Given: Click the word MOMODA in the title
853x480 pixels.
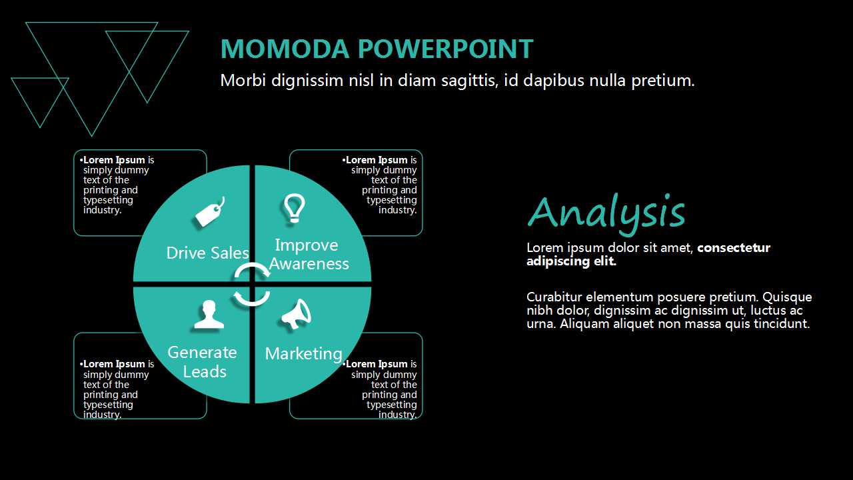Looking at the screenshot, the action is pyautogui.click(x=285, y=49).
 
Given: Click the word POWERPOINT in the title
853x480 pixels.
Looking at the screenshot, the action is pyautogui.click(x=445, y=49).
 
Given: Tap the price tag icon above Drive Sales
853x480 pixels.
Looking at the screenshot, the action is pyautogui.click(x=210, y=212).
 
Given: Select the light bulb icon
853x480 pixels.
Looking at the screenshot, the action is pyautogui.click(x=295, y=208).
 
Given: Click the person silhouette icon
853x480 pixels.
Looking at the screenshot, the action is pyautogui.click(x=209, y=314).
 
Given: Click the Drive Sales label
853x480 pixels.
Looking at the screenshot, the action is pyautogui.click(x=207, y=253).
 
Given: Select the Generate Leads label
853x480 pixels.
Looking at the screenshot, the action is pyautogui.click(x=202, y=362).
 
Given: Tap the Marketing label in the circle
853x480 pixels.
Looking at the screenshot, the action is pyautogui.click(x=303, y=354).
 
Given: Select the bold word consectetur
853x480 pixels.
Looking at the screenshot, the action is pyautogui.click(x=734, y=247).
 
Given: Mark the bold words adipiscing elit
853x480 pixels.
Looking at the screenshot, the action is pyautogui.click(x=571, y=261).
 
